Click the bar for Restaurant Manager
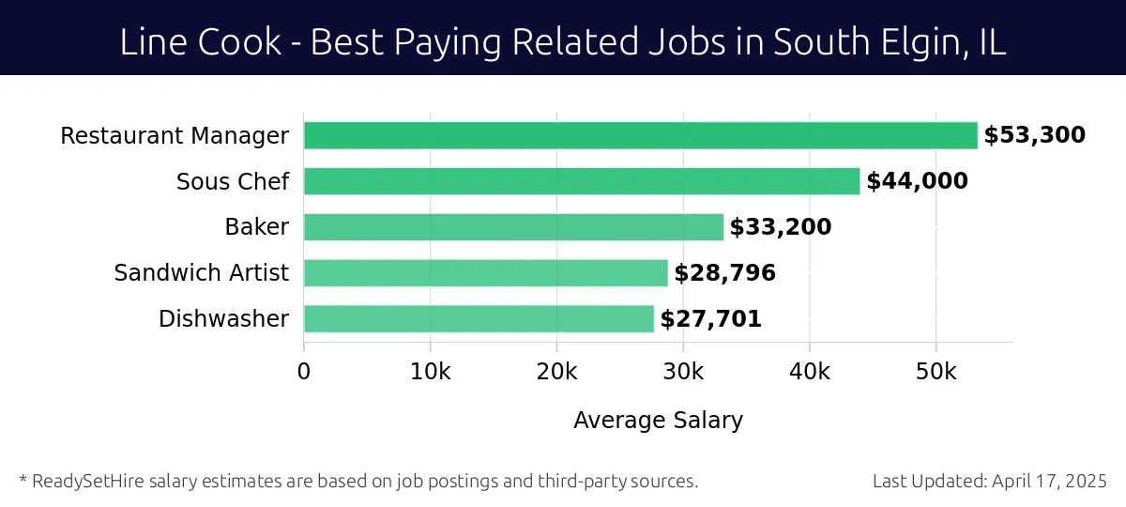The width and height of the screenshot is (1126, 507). tap(640, 135)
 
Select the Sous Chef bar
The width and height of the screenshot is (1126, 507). tap(582, 181)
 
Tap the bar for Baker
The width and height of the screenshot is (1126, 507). tap(513, 227)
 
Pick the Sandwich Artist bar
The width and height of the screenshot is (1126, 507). tap(485, 273)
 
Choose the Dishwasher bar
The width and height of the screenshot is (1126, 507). tap(479, 319)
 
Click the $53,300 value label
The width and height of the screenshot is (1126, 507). tap(1034, 135)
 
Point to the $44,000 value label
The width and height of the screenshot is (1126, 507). tap(917, 181)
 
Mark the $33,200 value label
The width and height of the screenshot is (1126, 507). tap(781, 227)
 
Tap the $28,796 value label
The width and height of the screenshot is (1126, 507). tap(724, 273)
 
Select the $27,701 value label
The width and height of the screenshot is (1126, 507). tap(710, 319)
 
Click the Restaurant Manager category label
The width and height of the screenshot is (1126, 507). tap(175, 136)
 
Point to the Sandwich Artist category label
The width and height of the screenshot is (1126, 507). tap(201, 273)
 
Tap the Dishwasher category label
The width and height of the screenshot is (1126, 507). tap(223, 319)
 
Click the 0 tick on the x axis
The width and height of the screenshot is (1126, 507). tap(304, 371)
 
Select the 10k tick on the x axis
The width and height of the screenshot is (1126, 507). tap(430, 371)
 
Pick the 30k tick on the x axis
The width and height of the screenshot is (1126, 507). tap(683, 371)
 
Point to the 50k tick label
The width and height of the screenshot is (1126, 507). tap(936, 371)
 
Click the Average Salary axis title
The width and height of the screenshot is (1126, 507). tap(658, 421)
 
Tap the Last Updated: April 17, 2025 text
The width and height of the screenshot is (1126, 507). tap(989, 482)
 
